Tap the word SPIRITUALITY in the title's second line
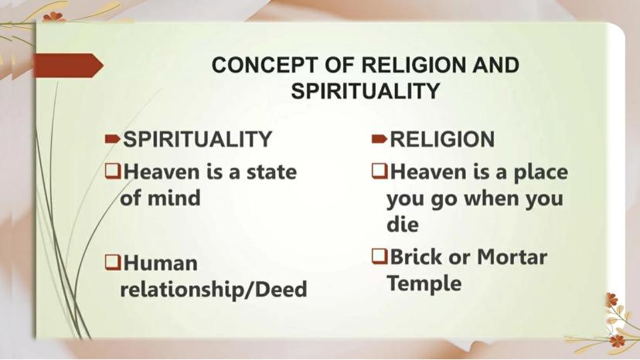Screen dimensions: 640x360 click(x=365, y=91)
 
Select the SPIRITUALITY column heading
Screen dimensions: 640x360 click(x=197, y=139)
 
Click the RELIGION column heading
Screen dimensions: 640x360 click(x=442, y=139)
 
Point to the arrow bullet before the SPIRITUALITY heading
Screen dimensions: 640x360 click(x=112, y=139)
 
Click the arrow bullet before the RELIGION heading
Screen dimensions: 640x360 click(x=380, y=139)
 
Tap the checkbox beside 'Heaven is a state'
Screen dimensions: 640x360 click(x=113, y=171)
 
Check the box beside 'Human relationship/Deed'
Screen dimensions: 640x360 click(x=113, y=262)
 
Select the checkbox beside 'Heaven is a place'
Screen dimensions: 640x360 click(x=380, y=171)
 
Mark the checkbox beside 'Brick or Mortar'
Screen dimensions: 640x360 click(x=380, y=256)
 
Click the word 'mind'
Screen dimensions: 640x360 click(x=174, y=198)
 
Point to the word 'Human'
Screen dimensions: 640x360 click(x=161, y=263)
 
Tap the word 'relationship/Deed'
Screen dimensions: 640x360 click(x=213, y=290)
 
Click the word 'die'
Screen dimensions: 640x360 click(x=403, y=224)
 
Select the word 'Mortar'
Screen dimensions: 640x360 click(x=512, y=256)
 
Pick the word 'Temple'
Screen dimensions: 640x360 click(x=424, y=284)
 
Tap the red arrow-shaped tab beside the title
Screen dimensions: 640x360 click(x=68, y=66)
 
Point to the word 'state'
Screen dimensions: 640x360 click(x=271, y=172)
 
